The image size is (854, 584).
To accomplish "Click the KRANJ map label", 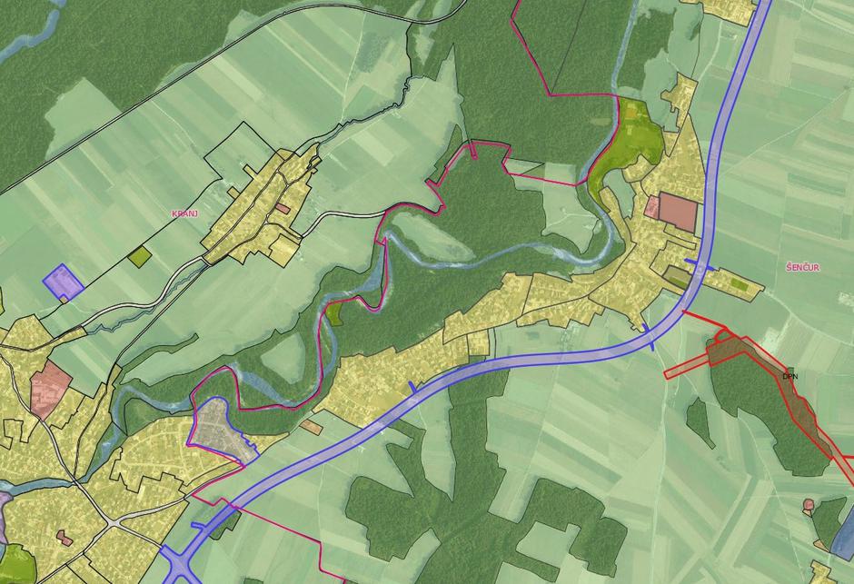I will click(x=184, y=213).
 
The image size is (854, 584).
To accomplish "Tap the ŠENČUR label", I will click(x=804, y=268).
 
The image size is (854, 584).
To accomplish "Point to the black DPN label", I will click(x=789, y=375).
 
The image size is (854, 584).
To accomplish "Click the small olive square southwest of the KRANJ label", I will click(x=140, y=257).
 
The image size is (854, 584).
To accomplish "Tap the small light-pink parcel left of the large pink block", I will click(x=651, y=208).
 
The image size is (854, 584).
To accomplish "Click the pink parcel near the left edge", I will click(x=51, y=386).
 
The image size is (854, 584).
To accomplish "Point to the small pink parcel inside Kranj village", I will click(x=283, y=209).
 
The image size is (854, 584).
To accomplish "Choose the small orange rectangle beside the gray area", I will click(x=311, y=426).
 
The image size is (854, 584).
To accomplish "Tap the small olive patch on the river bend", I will click(x=335, y=313).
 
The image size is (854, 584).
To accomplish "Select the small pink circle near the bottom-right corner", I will click(x=808, y=505).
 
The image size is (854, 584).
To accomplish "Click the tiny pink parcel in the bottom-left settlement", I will click(x=65, y=538).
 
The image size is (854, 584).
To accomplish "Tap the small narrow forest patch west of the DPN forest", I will click(x=700, y=422).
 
